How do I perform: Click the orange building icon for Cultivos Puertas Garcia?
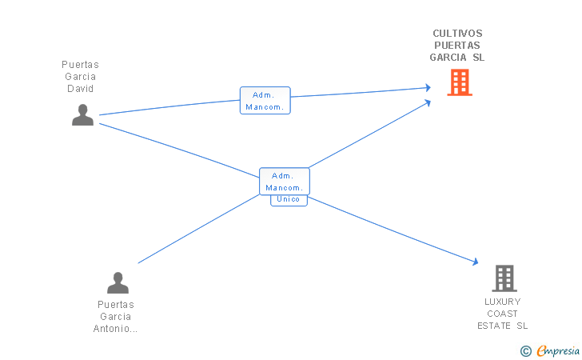pos(460,82)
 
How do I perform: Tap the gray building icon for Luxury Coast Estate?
pos(504,278)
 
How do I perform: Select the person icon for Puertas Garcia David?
pos(83,114)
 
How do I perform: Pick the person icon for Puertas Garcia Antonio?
pos(118,282)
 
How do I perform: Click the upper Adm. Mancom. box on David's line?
pos(265,100)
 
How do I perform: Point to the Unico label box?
pos(289,200)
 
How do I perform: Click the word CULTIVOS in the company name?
pos(457,34)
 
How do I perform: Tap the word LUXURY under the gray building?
pos(503,302)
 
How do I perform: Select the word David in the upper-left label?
pos(80,89)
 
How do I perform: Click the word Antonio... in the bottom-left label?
pos(115,329)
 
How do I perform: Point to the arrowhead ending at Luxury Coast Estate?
pos(476,262)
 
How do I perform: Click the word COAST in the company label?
pos(502,314)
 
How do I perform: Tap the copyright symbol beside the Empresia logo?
pos(525,351)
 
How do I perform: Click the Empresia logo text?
pos(558,350)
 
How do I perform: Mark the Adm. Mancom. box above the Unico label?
pos(285,182)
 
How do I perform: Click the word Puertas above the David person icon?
pos(80,65)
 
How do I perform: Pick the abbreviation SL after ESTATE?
pos(522,326)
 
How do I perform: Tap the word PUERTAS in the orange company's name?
pos(457,46)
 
